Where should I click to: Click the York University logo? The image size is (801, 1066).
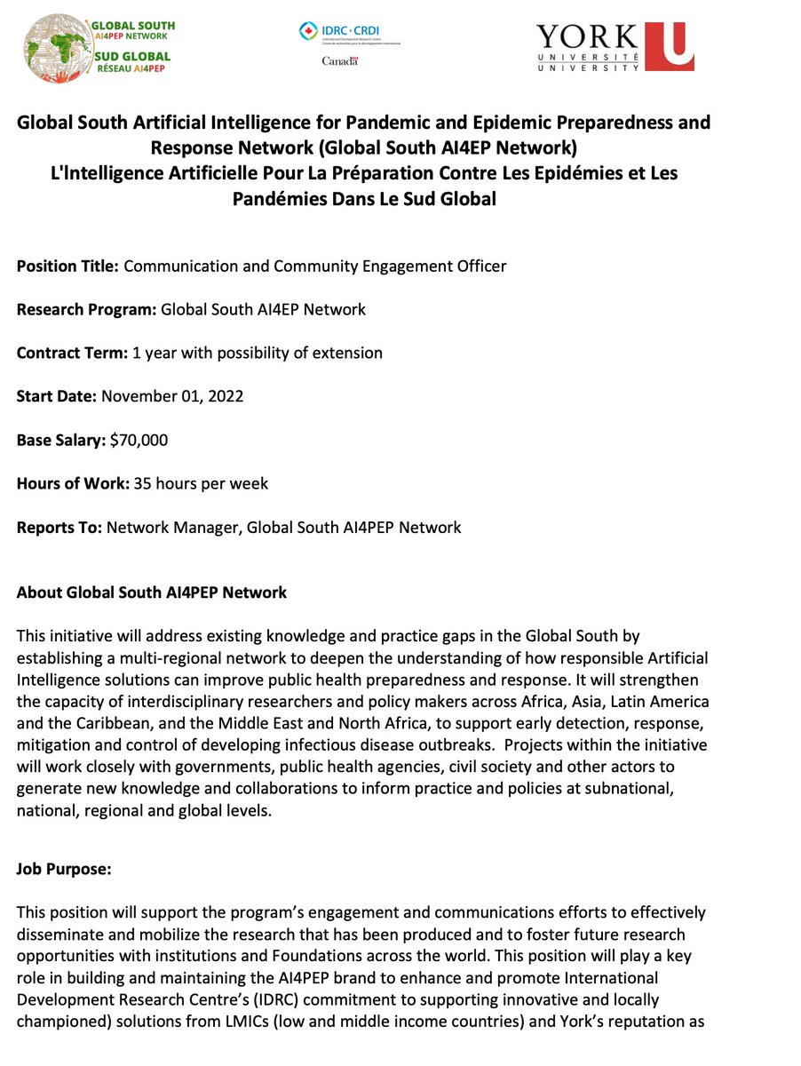click(615, 46)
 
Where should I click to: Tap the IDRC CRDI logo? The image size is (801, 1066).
click(350, 33)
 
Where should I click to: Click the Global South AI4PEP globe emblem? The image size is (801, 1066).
click(56, 47)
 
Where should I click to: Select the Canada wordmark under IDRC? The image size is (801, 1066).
click(338, 61)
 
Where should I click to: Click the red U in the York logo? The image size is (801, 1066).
click(669, 46)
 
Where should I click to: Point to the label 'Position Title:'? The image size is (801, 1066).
click(67, 266)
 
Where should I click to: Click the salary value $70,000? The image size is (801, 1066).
click(138, 440)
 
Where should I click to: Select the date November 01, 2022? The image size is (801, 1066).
click(172, 396)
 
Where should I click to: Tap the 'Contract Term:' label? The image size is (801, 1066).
click(72, 353)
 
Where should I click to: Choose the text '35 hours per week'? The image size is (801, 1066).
click(201, 483)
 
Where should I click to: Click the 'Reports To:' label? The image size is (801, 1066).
click(59, 527)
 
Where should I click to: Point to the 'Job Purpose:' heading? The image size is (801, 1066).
click(64, 870)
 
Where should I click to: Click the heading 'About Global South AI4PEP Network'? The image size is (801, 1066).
click(152, 593)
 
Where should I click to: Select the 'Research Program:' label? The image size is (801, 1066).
click(86, 310)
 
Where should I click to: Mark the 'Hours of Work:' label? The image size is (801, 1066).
click(73, 483)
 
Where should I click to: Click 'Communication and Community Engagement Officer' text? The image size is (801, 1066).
click(315, 266)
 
